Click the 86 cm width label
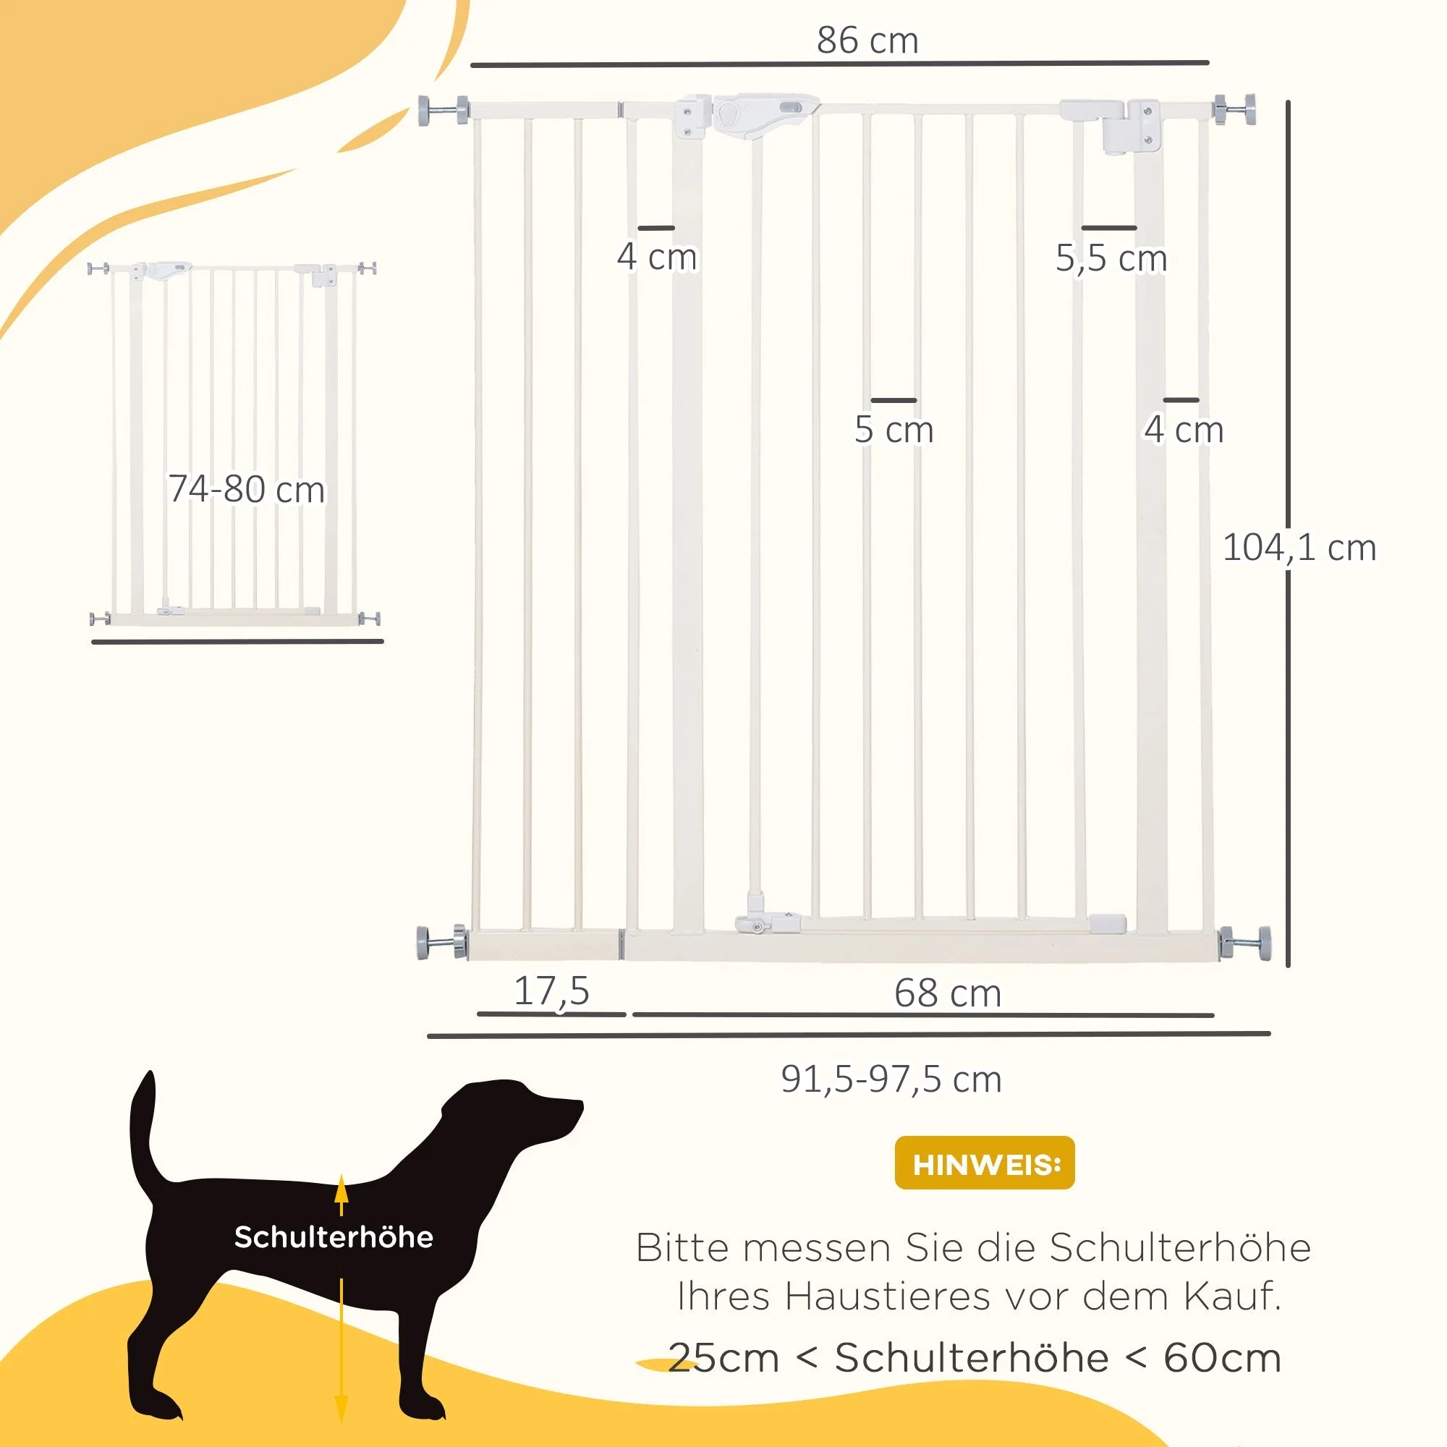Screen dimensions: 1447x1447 click(x=867, y=40)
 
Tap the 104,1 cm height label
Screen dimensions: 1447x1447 click(x=1299, y=548)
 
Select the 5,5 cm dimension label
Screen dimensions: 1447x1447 click(x=1111, y=258)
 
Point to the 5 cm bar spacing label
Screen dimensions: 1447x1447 click(x=894, y=430)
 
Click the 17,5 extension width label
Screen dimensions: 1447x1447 click(x=552, y=992)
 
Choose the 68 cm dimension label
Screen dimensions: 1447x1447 click(x=948, y=993)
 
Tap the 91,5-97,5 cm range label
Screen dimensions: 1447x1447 click(x=891, y=1079)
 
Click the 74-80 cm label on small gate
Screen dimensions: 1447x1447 click(x=247, y=489)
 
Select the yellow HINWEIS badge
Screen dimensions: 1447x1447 click(x=985, y=1163)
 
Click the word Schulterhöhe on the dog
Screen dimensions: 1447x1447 click(x=334, y=1236)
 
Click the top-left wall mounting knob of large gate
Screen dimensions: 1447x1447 click(x=443, y=110)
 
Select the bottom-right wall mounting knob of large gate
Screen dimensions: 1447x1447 click(x=1244, y=942)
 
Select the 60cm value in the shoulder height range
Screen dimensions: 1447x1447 click(x=1222, y=1358)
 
